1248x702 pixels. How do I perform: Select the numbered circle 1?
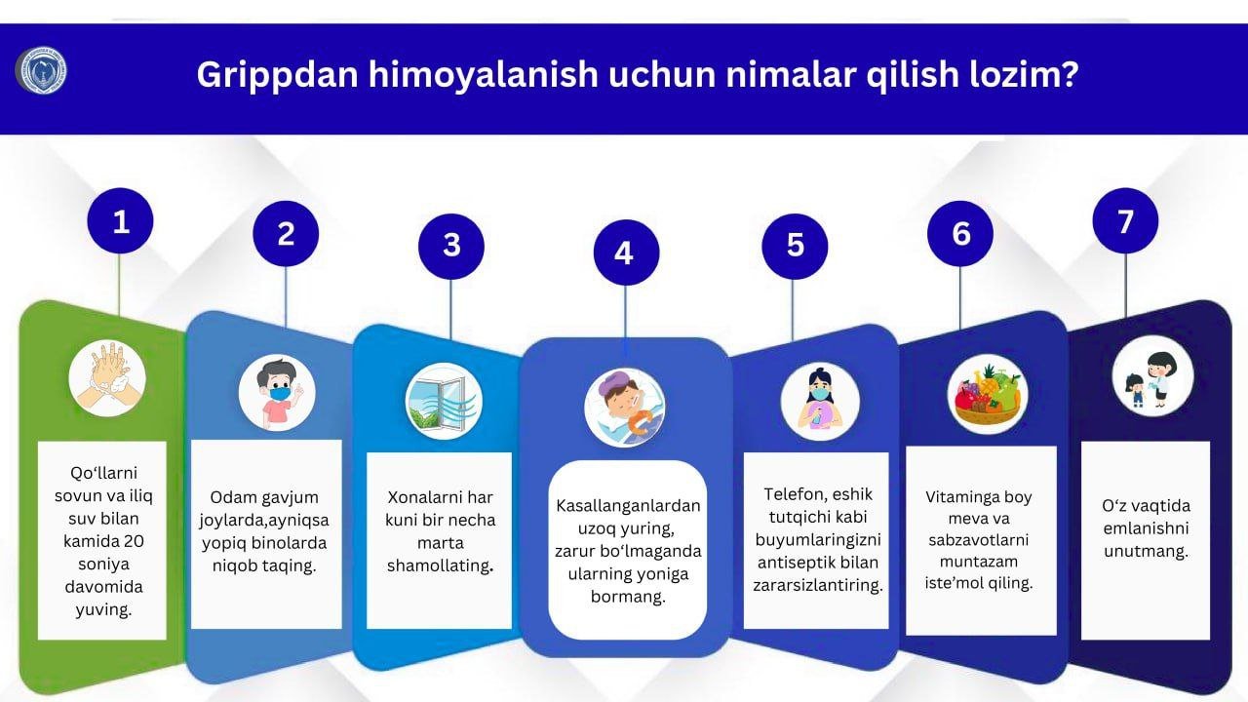121,222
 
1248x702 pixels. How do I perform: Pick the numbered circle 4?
624,253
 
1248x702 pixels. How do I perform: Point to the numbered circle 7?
1125,222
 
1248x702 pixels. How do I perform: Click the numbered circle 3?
450,245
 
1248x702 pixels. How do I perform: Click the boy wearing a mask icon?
277,393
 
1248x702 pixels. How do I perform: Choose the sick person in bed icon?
625,406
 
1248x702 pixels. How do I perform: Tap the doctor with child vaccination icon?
1152,375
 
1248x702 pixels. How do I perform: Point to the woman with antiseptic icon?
820,401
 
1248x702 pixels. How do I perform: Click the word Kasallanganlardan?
628,506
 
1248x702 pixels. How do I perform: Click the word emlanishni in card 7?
1146,528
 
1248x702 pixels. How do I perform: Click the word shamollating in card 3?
439,565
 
